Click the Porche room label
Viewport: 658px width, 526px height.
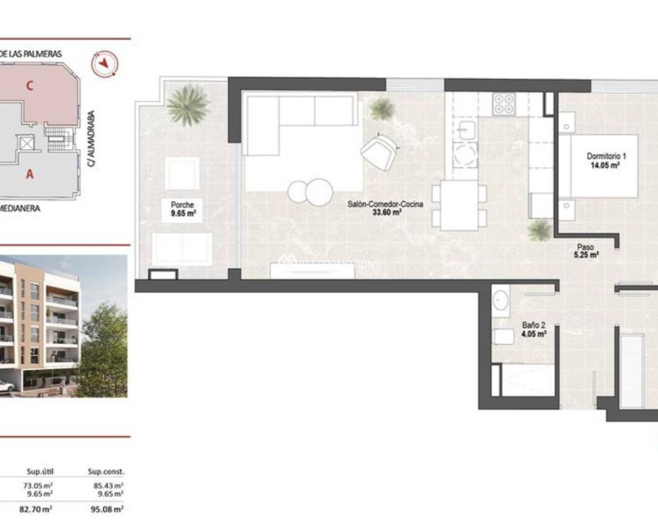click(x=182, y=209)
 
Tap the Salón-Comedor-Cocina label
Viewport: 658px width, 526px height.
click(x=385, y=208)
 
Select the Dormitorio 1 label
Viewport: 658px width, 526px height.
click(x=606, y=160)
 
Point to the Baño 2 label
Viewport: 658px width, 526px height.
click(x=534, y=329)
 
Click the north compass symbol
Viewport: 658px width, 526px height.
click(x=105, y=63)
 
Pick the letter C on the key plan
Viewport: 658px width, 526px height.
click(x=30, y=86)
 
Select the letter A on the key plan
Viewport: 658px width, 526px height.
click(x=30, y=175)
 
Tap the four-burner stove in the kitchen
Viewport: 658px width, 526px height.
click(x=504, y=104)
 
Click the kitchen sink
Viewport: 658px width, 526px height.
click(x=467, y=130)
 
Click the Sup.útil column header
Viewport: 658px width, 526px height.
click(x=40, y=472)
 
